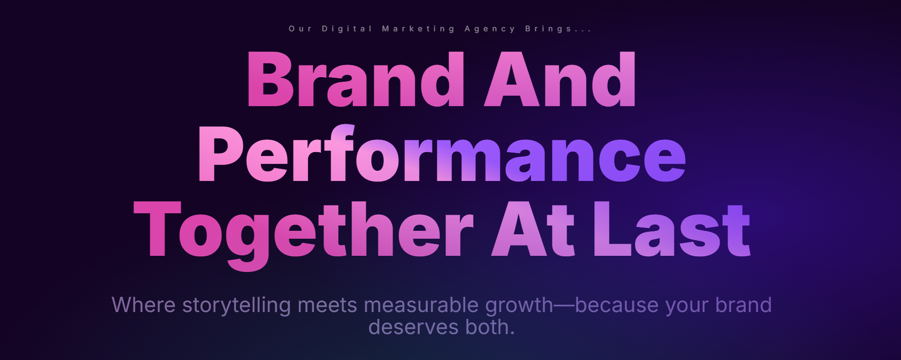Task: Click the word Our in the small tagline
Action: pos(300,29)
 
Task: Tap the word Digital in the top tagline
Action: pos(347,29)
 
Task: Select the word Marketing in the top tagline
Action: pos(418,29)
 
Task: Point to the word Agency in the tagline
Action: pos(490,29)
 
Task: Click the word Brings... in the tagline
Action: pos(558,29)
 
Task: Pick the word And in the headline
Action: pos(560,79)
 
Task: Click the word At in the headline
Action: pos(533,229)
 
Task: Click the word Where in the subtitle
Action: pos(143,304)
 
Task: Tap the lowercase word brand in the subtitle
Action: pos(743,304)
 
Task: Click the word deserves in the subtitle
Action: pos(413,327)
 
